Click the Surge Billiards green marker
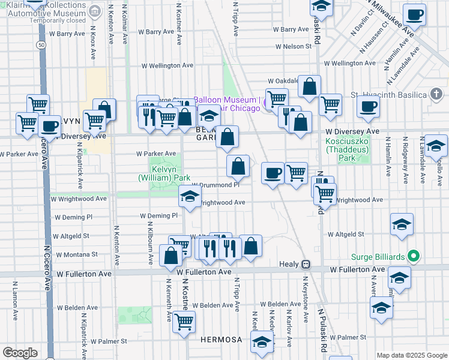coord(413,256)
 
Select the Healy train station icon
coord(306,264)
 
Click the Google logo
coord(20,352)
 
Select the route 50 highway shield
coord(40,44)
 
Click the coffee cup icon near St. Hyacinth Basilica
coord(369,107)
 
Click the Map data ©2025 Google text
coord(411,355)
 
